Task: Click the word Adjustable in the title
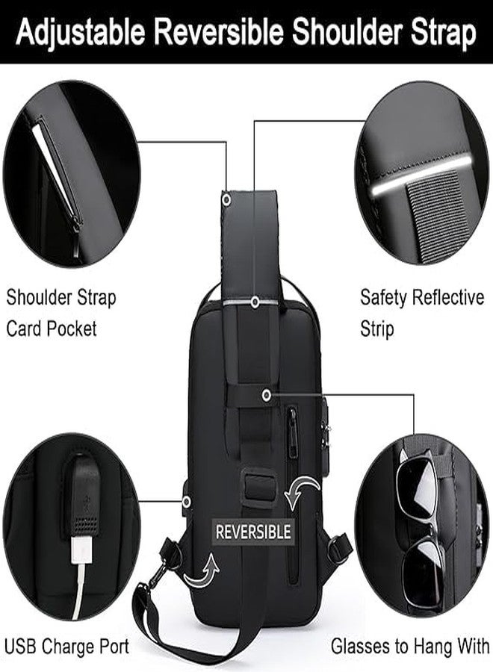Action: (x=80, y=33)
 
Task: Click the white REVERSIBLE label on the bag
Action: (x=253, y=532)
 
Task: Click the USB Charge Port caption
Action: (x=66, y=647)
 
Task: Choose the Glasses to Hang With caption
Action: (x=410, y=647)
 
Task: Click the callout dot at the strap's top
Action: (x=226, y=199)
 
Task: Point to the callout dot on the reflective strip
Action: (x=255, y=302)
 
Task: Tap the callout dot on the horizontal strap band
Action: (x=267, y=395)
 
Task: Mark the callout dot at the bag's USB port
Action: (x=186, y=502)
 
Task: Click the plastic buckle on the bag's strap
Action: (x=258, y=485)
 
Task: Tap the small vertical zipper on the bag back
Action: (x=292, y=432)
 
